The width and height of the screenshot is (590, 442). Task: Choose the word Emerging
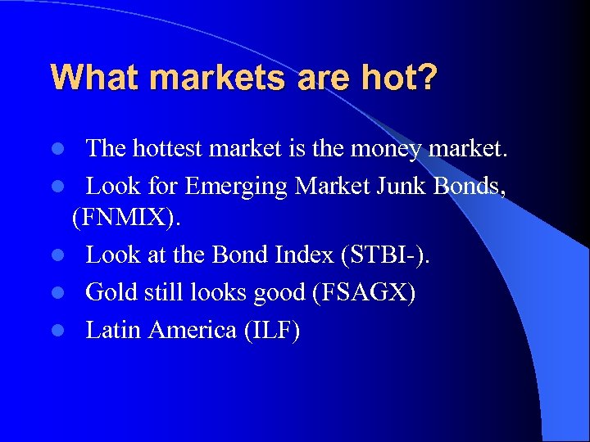point(237,186)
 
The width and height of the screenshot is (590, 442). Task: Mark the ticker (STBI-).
point(382,255)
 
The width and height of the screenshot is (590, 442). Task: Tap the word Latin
point(111,329)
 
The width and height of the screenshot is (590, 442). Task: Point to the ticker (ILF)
point(275,329)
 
